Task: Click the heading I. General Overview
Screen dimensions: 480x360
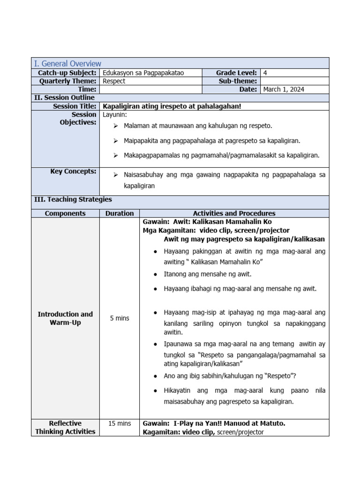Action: tap(67, 63)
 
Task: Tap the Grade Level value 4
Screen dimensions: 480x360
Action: tap(265, 73)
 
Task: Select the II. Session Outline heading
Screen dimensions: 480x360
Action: tap(64, 97)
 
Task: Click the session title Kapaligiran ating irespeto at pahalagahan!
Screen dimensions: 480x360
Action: tap(172, 106)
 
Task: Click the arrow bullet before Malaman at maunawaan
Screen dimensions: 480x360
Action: tap(116, 126)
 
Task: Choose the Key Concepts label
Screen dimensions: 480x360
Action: tap(73, 172)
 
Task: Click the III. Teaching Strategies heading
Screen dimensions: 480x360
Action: tap(73, 200)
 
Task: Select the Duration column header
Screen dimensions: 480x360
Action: tap(120, 213)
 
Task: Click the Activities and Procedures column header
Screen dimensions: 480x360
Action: tap(234, 213)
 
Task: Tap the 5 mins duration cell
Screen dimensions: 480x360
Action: tap(120, 318)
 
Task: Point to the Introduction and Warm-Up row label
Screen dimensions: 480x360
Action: tap(65, 318)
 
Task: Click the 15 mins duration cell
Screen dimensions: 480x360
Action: tap(120, 423)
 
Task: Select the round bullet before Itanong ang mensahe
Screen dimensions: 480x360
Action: tap(155, 274)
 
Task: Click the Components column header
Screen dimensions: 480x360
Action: tap(65, 213)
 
